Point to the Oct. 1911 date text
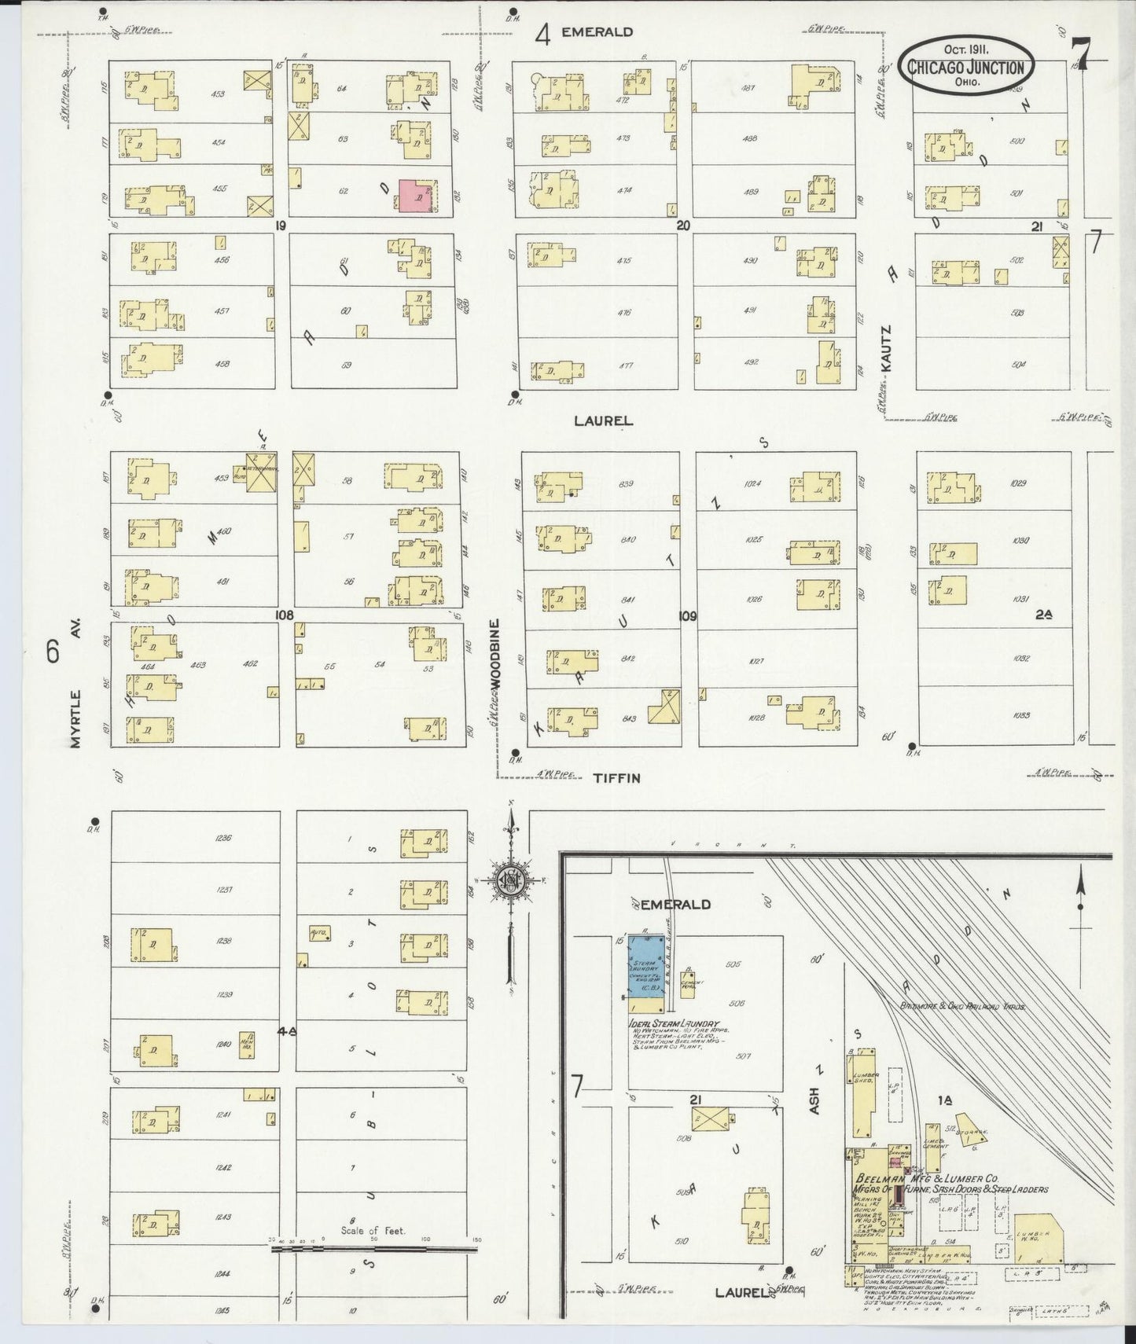click(966, 49)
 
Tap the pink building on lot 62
click(417, 196)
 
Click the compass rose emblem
click(510, 881)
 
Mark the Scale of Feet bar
click(374, 1248)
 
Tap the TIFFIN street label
click(616, 778)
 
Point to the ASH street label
click(814, 1100)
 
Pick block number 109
click(688, 616)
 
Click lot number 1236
click(223, 838)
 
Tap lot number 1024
click(752, 483)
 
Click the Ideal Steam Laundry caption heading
click(674, 1024)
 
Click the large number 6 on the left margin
click(53, 652)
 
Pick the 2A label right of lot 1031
click(1043, 615)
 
